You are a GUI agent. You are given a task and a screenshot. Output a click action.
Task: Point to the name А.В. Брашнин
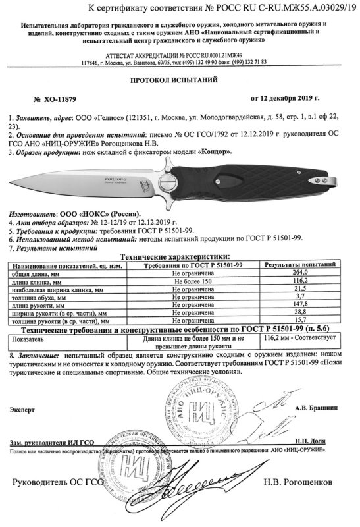tap(312, 408)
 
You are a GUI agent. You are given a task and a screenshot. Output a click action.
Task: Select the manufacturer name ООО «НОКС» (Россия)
tap(97, 215)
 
